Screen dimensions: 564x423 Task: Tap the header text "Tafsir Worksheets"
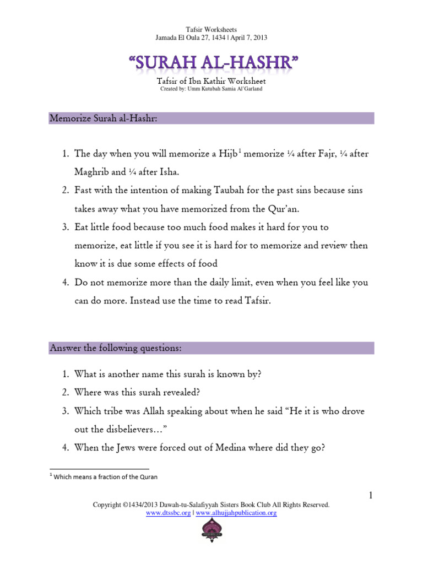pyautogui.click(x=211, y=29)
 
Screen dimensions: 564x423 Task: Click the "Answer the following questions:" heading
pyautogui.click(x=116, y=348)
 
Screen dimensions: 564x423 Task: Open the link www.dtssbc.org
pyautogui.click(x=169, y=513)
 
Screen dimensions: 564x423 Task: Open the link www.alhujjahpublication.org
pyautogui.click(x=236, y=513)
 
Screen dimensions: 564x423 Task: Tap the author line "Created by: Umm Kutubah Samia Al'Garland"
pyautogui.click(x=211, y=89)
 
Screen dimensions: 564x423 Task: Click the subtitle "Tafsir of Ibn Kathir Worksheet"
pyautogui.click(x=211, y=82)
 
